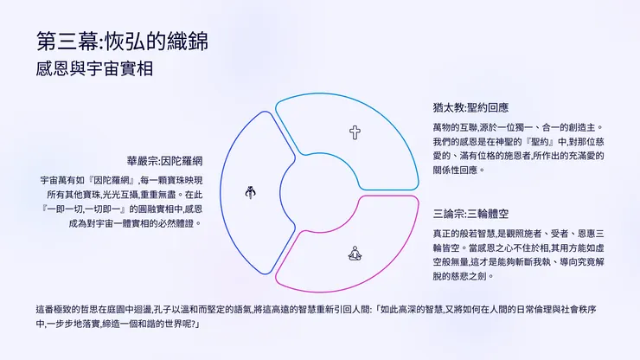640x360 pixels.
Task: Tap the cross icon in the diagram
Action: pos(355,132)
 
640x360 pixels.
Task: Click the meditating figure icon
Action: pos(354,254)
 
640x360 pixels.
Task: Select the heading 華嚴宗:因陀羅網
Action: pos(165,160)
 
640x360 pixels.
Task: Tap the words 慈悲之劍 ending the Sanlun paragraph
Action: pos(478,277)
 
